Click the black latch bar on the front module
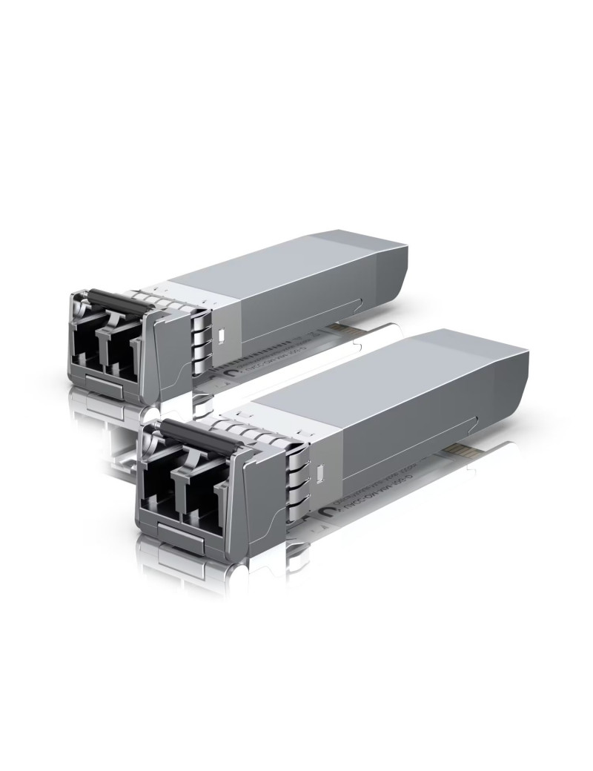(190, 432)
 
